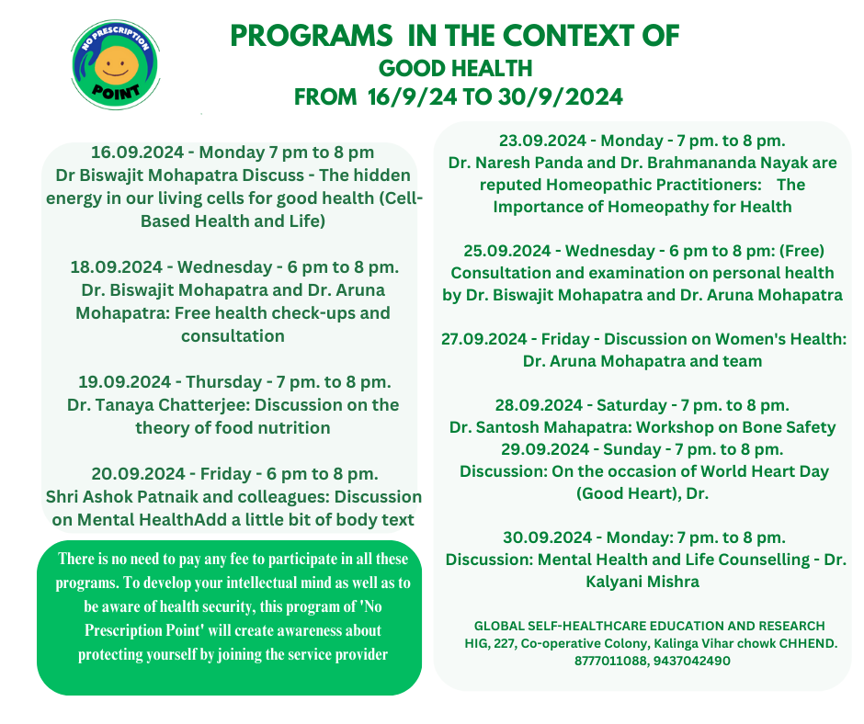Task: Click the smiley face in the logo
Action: pyautogui.click(x=116, y=65)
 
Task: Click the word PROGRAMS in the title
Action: pyautogui.click(x=311, y=37)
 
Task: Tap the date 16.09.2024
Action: pyautogui.click(x=137, y=153)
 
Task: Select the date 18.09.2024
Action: pyautogui.click(x=116, y=267)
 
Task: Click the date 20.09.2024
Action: pyautogui.click(x=138, y=474)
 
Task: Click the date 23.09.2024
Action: pyautogui.click(x=542, y=141)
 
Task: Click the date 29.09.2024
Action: pyautogui.click(x=545, y=449)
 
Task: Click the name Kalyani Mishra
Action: pyautogui.click(x=642, y=582)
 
